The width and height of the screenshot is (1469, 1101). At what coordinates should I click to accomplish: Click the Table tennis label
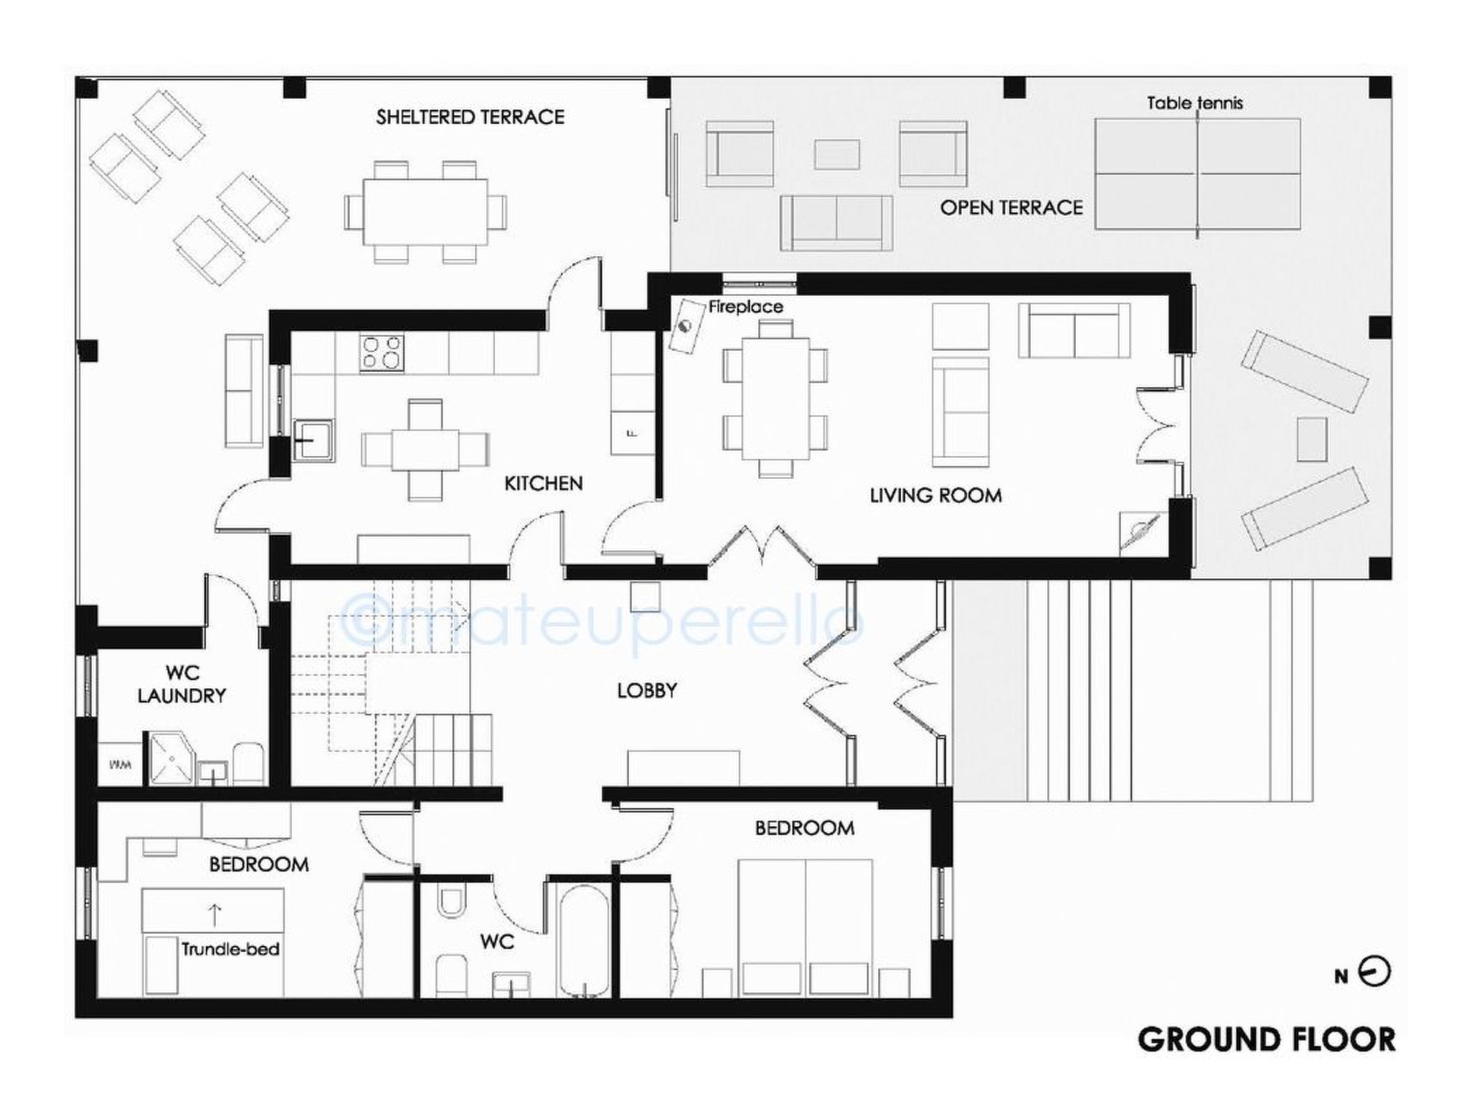click(x=1194, y=103)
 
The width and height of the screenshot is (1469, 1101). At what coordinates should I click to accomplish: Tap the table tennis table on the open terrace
click(x=1198, y=174)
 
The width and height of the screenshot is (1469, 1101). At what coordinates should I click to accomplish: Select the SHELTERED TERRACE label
click(x=470, y=117)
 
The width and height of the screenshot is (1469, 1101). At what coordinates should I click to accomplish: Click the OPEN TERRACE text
click(x=1011, y=208)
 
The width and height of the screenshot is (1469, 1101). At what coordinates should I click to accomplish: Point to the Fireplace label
click(x=745, y=307)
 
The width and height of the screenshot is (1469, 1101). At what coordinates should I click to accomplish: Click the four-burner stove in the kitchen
click(x=382, y=353)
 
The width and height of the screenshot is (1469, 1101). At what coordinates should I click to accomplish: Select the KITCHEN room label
click(x=543, y=484)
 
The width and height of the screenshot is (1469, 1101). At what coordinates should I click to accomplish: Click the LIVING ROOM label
click(x=935, y=495)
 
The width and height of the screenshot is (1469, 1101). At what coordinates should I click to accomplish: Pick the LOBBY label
click(x=647, y=690)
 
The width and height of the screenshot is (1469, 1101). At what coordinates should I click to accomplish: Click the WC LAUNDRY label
click(x=181, y=685)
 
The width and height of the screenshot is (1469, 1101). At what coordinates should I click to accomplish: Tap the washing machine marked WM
click(x=121, y=764)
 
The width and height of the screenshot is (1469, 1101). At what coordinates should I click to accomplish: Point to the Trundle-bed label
click(x=230, y=950)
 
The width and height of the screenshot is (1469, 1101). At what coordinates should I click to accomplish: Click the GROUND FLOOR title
click(x=1266, y=1040)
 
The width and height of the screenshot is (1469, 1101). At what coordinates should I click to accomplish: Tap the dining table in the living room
click(x=775, y=399)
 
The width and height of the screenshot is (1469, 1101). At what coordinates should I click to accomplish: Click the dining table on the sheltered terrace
click(x=425, y=211)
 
